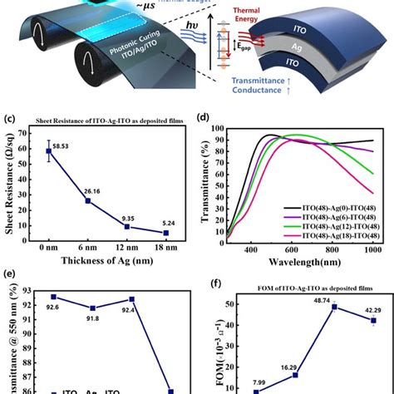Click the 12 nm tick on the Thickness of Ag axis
pos(130,249)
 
